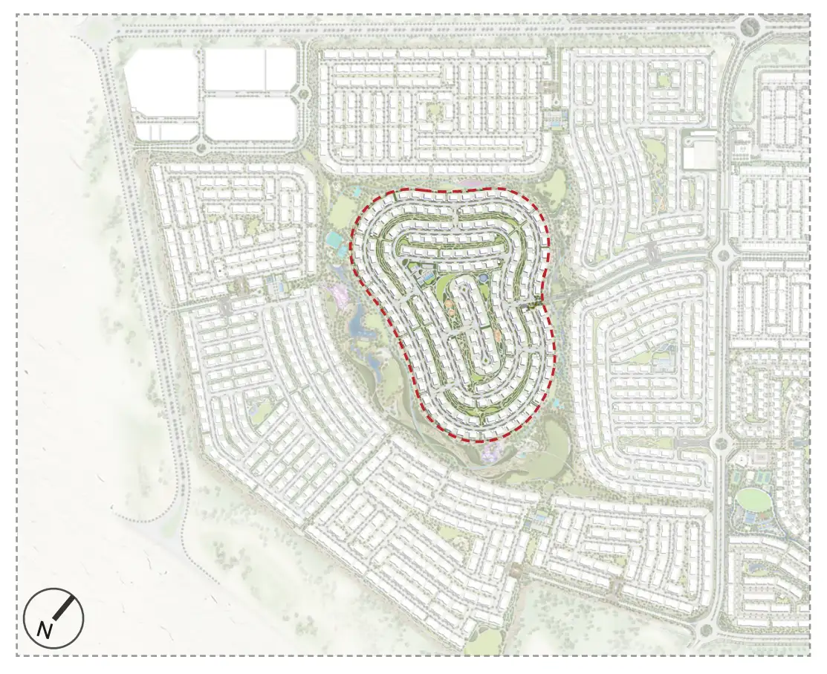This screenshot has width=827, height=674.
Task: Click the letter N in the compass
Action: click(45, 631)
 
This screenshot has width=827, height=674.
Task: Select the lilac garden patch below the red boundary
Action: click(491, 451)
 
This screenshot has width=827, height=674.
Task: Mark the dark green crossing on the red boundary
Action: click(530, 305)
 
